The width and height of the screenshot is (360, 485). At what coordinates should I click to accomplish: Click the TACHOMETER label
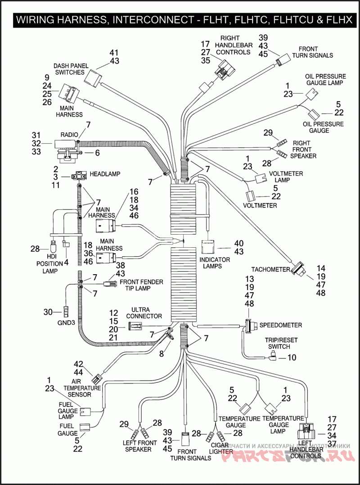pos(270,269)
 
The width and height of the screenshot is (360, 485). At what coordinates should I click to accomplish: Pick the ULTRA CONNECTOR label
pos(147,313)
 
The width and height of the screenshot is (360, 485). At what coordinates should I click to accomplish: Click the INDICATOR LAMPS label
pos(214,263)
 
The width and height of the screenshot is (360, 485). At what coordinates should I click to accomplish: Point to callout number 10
pos(292,358)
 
